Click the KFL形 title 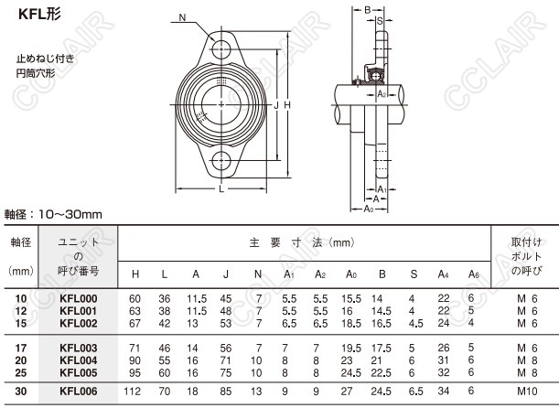(x=39, y=15)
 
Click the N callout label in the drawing (x=182, y=17)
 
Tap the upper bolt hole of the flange (x=221, y=49)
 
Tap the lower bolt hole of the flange (x=221, y=161)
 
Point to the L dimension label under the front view (x=221, y=188)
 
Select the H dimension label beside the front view (x=287, y=105)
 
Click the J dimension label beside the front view (x=276, y=105)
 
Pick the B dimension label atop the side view (x=368, y=10)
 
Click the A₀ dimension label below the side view (x=369, y=209)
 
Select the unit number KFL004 (x=79, y=360)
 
